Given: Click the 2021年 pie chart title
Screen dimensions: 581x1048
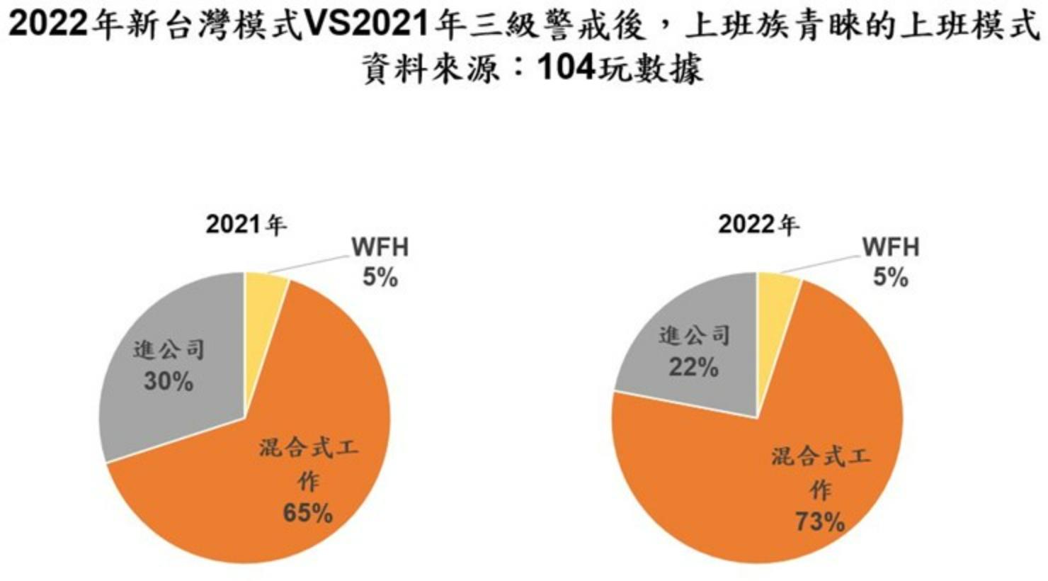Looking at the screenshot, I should click(x=246, y=225).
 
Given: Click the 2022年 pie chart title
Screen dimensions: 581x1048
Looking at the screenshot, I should click(x=758, y=225).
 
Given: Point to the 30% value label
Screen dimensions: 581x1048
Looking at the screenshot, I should click(x=169, y=382).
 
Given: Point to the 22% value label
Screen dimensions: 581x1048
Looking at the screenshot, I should click(x=694, y=368).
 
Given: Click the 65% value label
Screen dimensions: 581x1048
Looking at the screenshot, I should click(x=307, y=513).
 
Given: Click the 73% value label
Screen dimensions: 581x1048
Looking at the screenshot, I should click(x=820, y=522).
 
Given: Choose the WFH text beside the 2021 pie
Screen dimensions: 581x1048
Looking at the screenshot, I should click(x=380, y=247).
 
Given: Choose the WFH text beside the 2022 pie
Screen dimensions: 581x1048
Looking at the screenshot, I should click(x=890, y=247).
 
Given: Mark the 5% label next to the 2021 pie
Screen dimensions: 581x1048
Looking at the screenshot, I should click(x=380, y=278).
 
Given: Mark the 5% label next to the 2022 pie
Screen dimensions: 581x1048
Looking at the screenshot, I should click(x=890, y=278).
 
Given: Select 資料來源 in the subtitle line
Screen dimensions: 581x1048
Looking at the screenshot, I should click(x=431, y=69).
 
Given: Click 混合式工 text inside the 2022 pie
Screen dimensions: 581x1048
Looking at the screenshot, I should click(x=821, y=456).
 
